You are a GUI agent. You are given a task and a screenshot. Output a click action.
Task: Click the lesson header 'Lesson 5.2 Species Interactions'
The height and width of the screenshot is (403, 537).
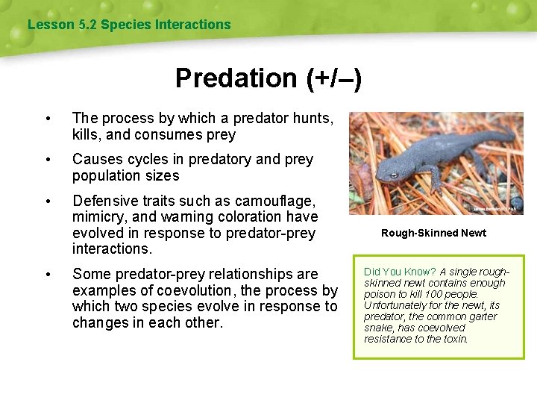pyautogui.click(x=129, y=25)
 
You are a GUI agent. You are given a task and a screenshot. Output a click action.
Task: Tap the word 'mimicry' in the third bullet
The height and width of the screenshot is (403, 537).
pyautogui.click(x=99, y=216)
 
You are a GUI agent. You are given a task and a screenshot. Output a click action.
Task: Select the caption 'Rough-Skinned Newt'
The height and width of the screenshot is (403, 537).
pyautogui.click(x=433, y=233)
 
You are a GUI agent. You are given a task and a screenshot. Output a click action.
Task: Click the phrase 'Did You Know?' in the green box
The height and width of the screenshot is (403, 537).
pyautogui.click(x=399, y=272)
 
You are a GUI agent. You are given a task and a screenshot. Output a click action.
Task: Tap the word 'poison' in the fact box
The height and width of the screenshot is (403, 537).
pyautogui.click(x=380, y=294)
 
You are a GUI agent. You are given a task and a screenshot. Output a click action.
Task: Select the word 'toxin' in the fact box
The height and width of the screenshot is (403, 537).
pyautogui.click(x=454, y=339)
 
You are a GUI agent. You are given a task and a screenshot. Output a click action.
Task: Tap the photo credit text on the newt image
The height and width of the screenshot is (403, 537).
pyautogui.click(x=493, y=209)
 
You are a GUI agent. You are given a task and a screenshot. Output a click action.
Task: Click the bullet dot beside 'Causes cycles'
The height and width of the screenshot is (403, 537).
pyautogui.click(x=48, y=160)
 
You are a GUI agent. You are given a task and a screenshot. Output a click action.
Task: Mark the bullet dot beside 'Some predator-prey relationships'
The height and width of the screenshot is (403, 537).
pyautogui.click(x=48, y=275)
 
